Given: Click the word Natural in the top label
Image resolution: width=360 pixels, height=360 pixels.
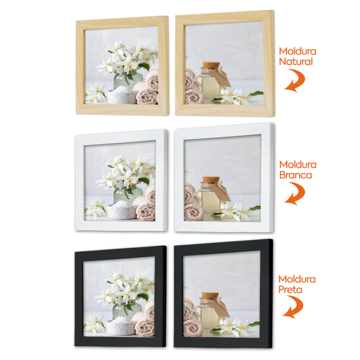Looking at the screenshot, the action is [296, 62].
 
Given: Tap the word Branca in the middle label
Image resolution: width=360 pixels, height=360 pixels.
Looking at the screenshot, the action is [295, 175].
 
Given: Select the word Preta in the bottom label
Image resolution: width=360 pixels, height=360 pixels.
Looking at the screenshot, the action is [290, 290].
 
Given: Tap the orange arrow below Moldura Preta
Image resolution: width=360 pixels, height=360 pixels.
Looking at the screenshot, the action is [294, 307].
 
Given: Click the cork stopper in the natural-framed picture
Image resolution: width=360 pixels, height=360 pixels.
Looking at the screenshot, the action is [211, 65].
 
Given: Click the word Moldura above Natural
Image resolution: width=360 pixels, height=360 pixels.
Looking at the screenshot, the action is [297, 51].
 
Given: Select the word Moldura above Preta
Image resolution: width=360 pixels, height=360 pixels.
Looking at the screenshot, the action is [297, 279].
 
